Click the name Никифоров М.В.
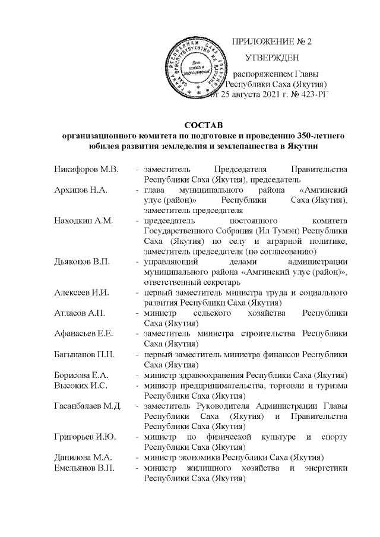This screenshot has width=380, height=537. [86, 170]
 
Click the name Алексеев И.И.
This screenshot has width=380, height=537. [83, 292]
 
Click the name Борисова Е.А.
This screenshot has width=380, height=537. [82, 375]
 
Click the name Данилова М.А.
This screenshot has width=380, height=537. [82, 457]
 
